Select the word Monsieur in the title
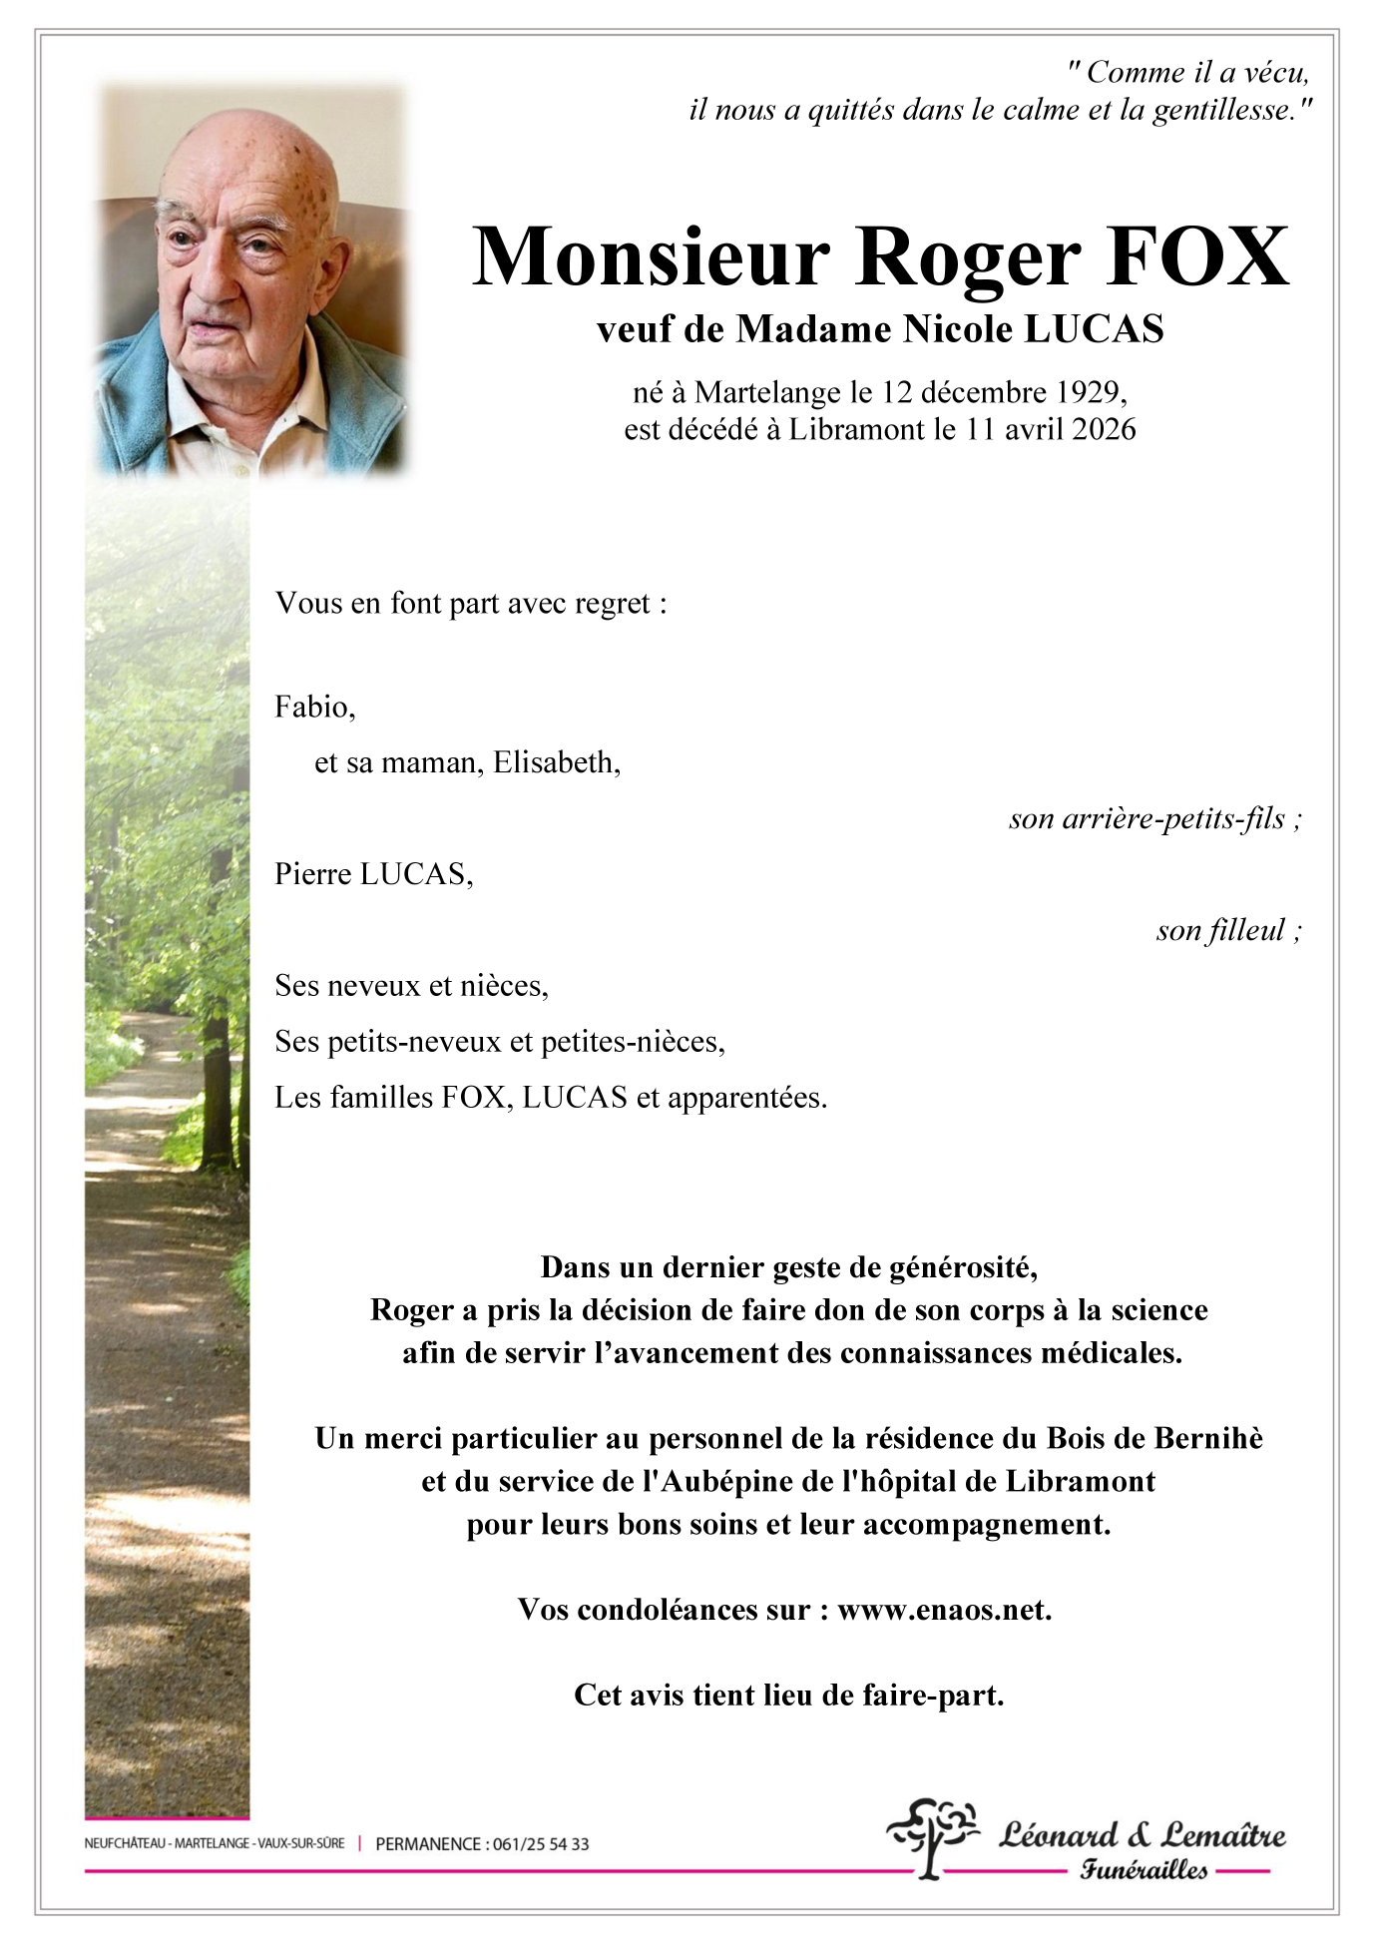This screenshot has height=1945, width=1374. (651, 256)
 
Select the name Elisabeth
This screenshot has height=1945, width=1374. (554, 763)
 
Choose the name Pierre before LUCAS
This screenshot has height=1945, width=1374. (312, 875)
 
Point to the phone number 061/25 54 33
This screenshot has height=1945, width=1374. (541, 1844)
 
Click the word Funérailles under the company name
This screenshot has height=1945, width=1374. (1144, 1869)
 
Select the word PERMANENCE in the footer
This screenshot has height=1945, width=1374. (427, 1844)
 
